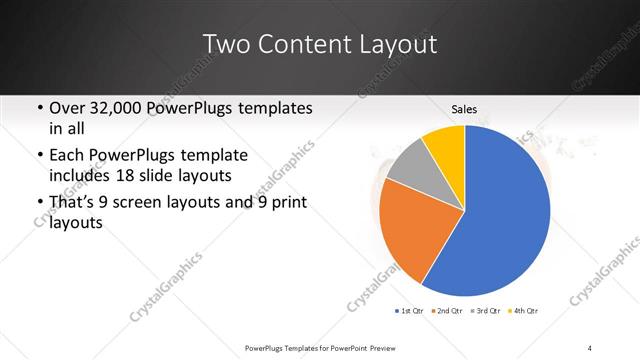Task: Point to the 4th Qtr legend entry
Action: coord(523,312)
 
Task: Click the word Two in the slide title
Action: coord(224,44)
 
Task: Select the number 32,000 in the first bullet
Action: coord(117,107)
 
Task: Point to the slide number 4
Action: coord(590,347)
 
